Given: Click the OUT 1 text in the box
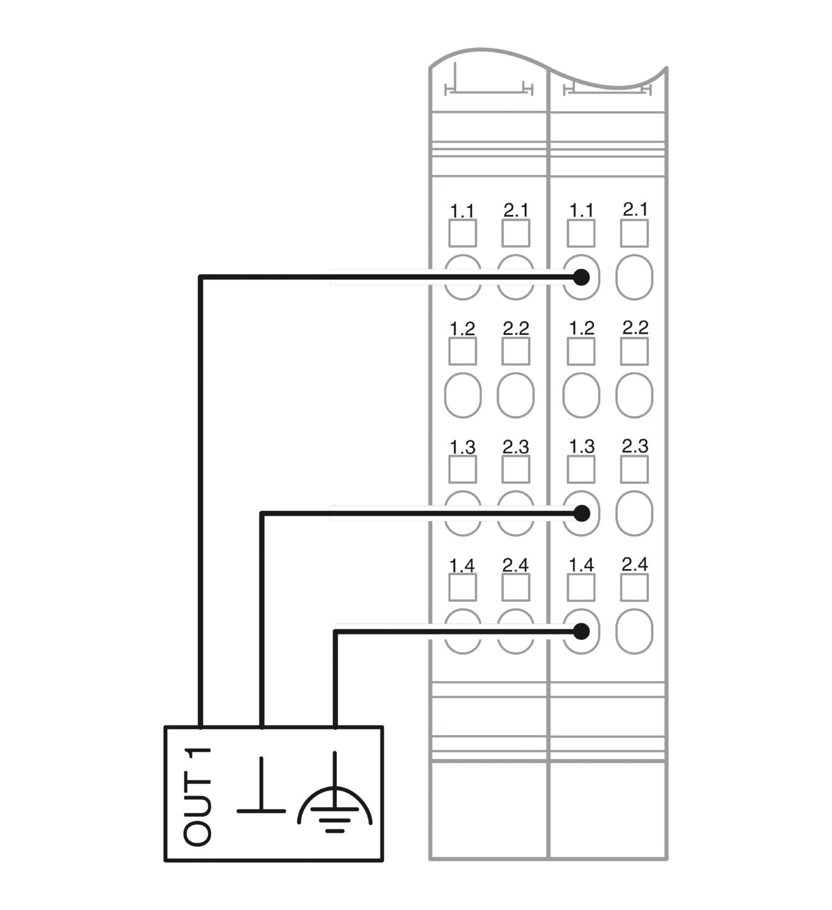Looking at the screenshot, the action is [197, 797].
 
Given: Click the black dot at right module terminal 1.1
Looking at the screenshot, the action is [581, 277].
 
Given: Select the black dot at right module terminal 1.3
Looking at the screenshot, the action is [581, 513].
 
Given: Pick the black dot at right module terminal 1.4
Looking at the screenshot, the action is [581, 632].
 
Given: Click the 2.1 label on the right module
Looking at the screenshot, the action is [635, 209].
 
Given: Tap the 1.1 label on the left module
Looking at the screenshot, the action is [462, 211].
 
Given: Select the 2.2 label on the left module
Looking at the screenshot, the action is [516, 328].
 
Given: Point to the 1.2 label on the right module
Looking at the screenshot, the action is [582, 328].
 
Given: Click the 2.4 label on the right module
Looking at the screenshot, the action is [635, 564].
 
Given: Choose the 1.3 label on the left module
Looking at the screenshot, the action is [462, 447].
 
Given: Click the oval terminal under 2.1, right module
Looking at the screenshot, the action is [635, 277].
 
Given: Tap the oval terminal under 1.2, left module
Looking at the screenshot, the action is [463, 395].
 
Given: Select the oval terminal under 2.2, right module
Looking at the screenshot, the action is [635, 395].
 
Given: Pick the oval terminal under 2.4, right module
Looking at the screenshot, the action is [635, 632].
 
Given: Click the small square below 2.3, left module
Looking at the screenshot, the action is [516, 469].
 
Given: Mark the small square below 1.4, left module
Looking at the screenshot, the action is [462, 587].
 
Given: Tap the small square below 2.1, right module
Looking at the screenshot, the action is [635, 233].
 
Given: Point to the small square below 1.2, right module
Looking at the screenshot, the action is [581, 351].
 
